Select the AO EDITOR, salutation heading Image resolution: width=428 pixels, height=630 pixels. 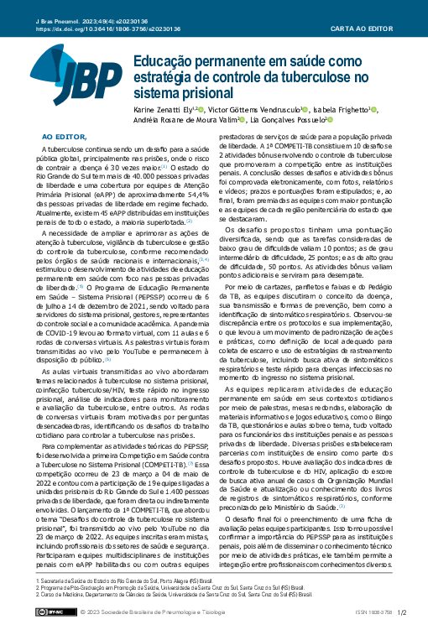coord(65,135)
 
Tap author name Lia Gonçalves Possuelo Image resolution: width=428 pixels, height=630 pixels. coord(282,121)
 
